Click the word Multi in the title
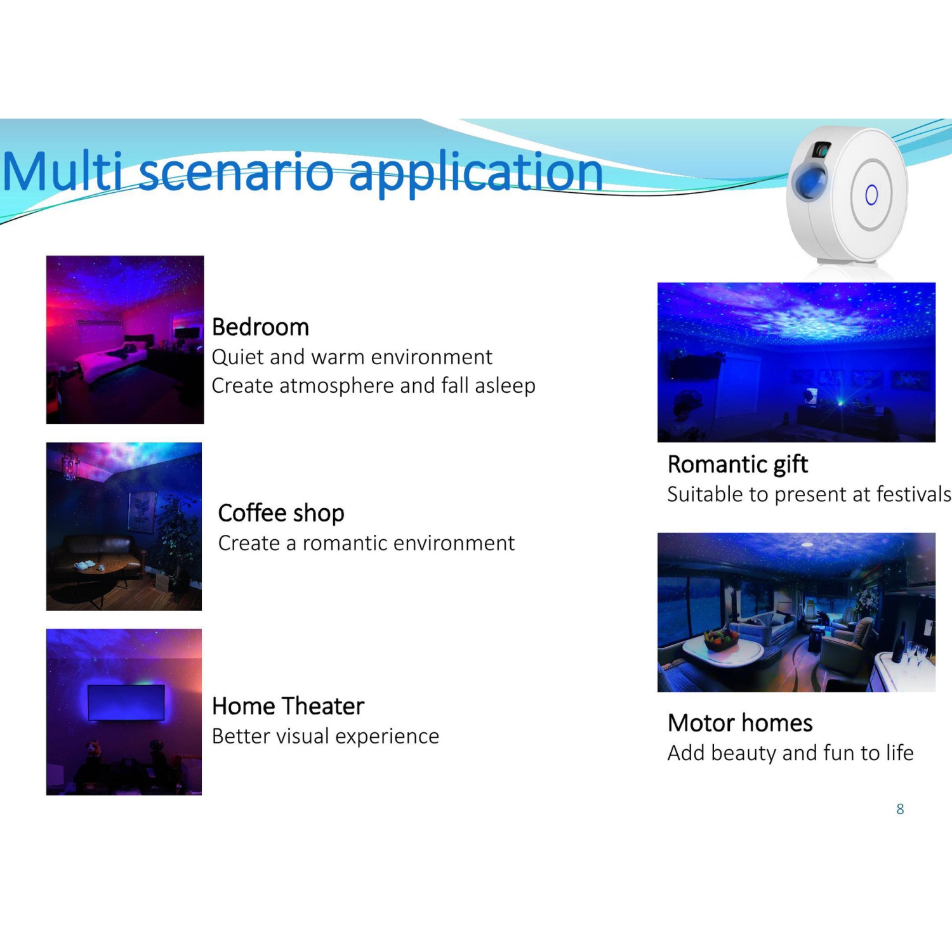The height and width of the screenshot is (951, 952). (x=62, y=171)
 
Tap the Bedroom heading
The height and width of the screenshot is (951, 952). (x=260, y=327)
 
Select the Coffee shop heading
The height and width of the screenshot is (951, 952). (x=281, y=513)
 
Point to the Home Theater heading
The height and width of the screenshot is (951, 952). (x=288, y=706)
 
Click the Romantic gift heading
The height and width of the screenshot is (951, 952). (x=737, y=465)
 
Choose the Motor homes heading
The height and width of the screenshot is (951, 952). (x=740, y=723)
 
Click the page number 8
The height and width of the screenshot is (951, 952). (x=900, y=809)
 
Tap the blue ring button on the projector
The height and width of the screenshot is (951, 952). (x=871, y=195)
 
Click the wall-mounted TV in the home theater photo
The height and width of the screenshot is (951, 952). (x=127, y=703)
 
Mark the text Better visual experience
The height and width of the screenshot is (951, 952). (x=326, y=737)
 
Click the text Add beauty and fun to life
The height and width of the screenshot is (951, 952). (x=791, y=753)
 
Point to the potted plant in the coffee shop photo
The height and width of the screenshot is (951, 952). (x=176, y=539)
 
